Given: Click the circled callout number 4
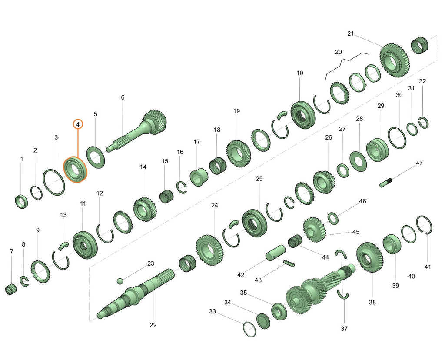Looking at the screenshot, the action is click(78, 124).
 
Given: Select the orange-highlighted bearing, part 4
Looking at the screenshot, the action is click(75, 170).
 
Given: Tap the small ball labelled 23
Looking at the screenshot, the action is click(120, 281).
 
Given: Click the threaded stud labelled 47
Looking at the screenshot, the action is click(386, 183).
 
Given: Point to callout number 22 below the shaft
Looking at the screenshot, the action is click(153, 325).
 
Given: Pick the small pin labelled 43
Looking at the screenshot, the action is click(289, 263).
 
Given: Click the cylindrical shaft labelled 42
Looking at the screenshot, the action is click(275, 253).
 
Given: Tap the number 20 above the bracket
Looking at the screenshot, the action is click(338, 52).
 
